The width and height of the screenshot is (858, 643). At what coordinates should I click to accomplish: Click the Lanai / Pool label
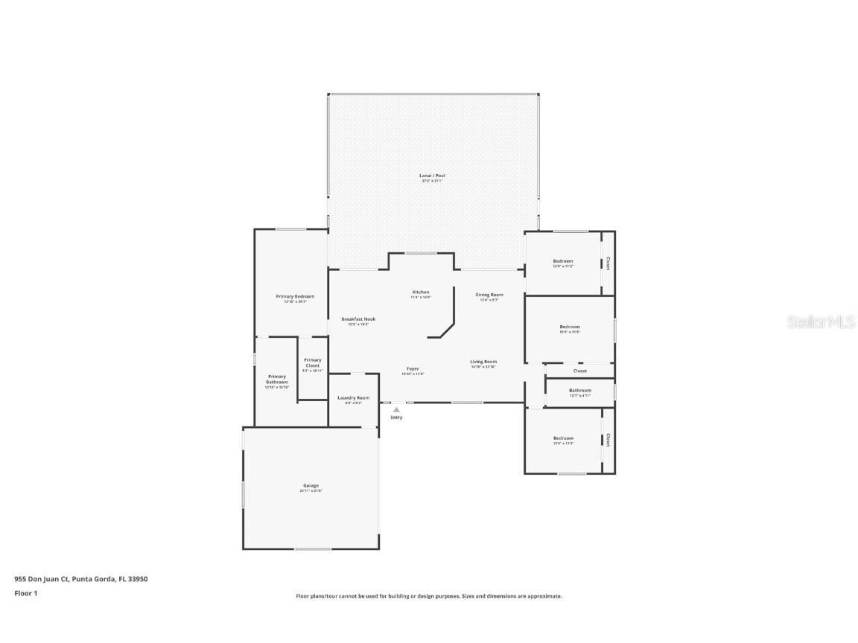tap(432, 176)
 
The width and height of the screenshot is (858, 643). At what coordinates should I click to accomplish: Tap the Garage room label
tap(311, 486)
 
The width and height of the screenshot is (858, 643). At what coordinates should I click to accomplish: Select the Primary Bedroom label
tap(295, 297)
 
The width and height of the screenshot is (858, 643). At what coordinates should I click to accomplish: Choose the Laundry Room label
tap(353, 398)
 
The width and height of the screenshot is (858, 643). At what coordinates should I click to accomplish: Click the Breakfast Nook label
tap(358, 319)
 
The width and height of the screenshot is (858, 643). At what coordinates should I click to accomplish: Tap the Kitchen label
tap(421, 292)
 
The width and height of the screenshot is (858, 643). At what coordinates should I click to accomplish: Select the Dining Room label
tap(489, 295)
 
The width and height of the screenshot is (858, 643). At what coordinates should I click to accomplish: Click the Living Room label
tap(483, 362)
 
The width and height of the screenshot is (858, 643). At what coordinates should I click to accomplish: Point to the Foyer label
tap(413, 369)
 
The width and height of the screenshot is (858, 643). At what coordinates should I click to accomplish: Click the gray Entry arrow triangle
tap(396, 409)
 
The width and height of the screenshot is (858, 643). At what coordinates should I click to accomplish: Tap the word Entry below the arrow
tap(396, 418)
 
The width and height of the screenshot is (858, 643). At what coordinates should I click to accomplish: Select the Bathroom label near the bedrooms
tap(579, 391)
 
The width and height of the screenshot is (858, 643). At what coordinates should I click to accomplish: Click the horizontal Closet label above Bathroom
tap(579, 371)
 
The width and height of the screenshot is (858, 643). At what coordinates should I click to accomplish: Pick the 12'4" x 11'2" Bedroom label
tap(562, 261)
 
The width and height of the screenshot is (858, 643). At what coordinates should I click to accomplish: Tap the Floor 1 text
tap(25, 593)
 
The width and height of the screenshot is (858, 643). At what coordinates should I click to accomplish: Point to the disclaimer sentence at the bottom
tap(428, 596)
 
